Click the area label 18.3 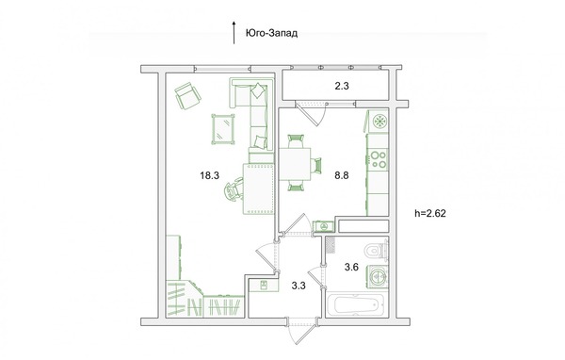click(210, 175)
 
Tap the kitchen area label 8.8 click(342, 175)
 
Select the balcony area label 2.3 click(342, 86)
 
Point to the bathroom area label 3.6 click(351, 268)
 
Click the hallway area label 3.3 click(299, 286)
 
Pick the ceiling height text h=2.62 click(430, 213)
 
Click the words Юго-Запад click(272, 34)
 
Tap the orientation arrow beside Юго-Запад click(234, 32)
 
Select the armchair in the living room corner click(187, 95)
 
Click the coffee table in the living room click(223, 129)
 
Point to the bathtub click(355, 305)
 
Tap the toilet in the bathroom click(376, 251)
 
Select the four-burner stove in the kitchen click(378, 160)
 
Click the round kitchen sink click(379, 121)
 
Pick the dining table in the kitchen click(295, 164)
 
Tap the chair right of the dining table click(316, 166)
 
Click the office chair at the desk click(234, 189)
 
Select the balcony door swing click(311, 112)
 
